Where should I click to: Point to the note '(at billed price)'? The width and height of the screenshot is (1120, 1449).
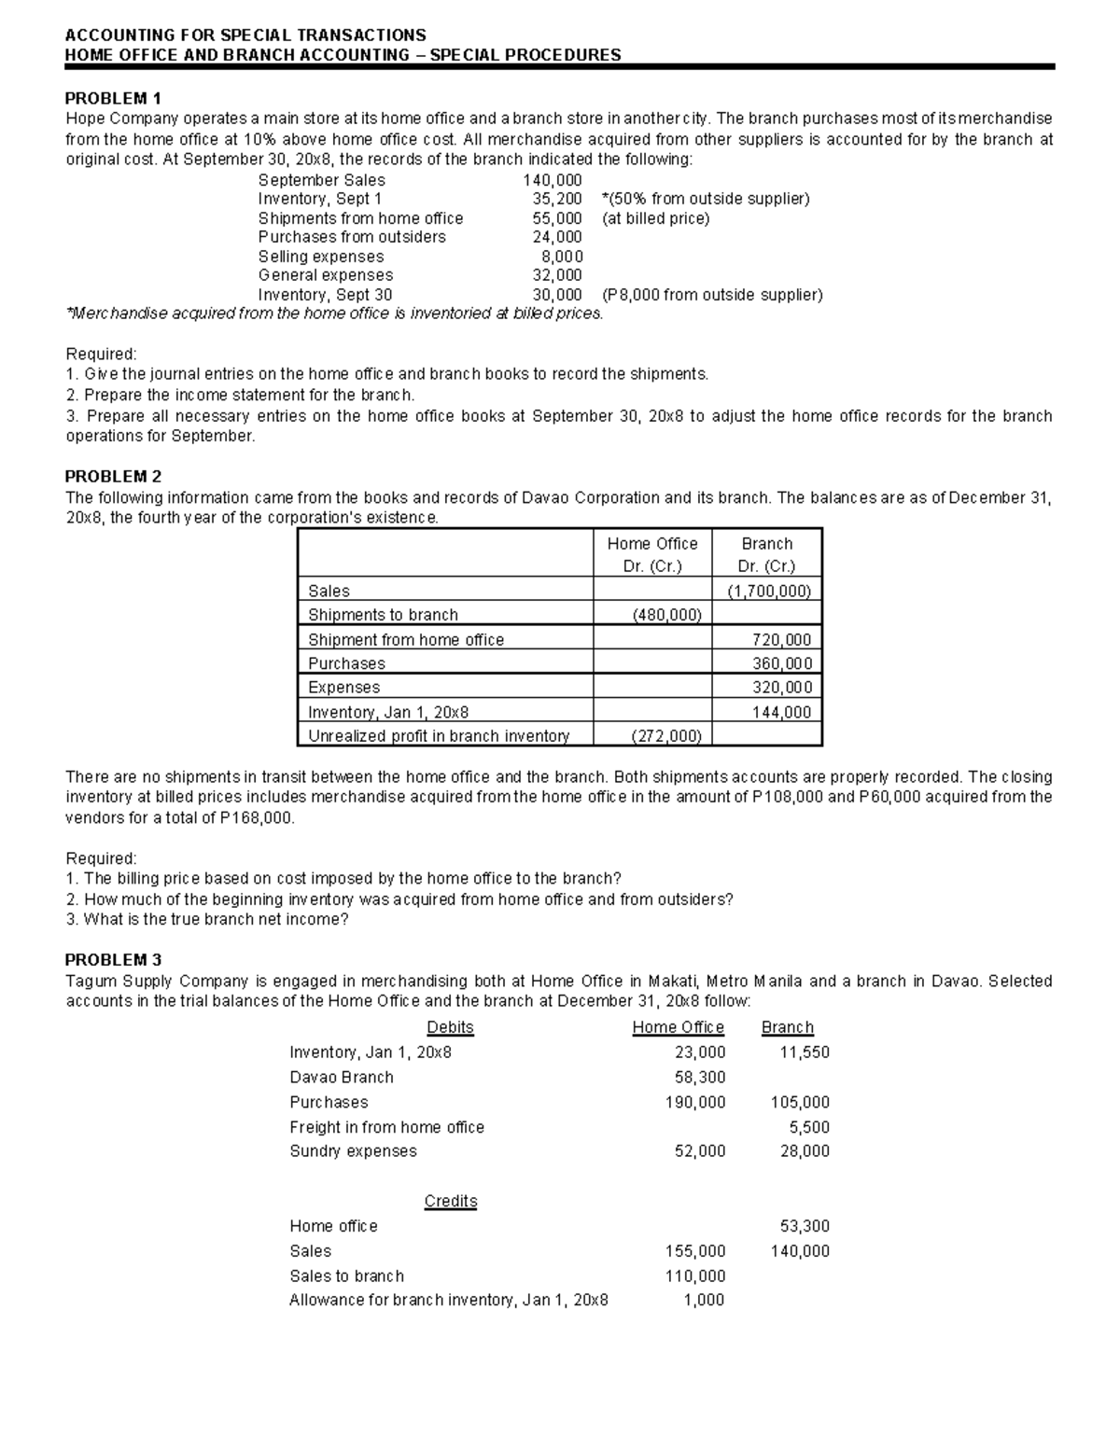pyautogui.click(x=655, y=218)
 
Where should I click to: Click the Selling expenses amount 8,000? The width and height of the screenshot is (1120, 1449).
pyautogui.click(x=562, y=257)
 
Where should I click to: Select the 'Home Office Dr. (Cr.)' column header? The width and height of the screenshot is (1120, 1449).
pyautogui.click(x=651, y=554)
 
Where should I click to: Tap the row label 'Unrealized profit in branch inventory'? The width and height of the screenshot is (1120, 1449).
pyautogui.click(x=439, y=735)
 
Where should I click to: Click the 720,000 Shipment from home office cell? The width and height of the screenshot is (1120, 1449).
pyautogui.click(x=781, y=639)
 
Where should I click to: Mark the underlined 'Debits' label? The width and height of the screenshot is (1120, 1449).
pyautogui.click(x=450, y=1027)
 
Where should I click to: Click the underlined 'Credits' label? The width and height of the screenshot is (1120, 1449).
pyautogui.click(x=450, y=1201)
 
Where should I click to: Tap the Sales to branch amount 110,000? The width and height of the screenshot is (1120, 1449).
pyautogui.click(x=694, y=1275)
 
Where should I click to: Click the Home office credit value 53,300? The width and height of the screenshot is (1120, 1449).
pyautogui.click(x=804, y=1226)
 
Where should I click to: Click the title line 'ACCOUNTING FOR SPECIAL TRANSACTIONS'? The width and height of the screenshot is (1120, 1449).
pyautogui.click(x=245, y=35)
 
